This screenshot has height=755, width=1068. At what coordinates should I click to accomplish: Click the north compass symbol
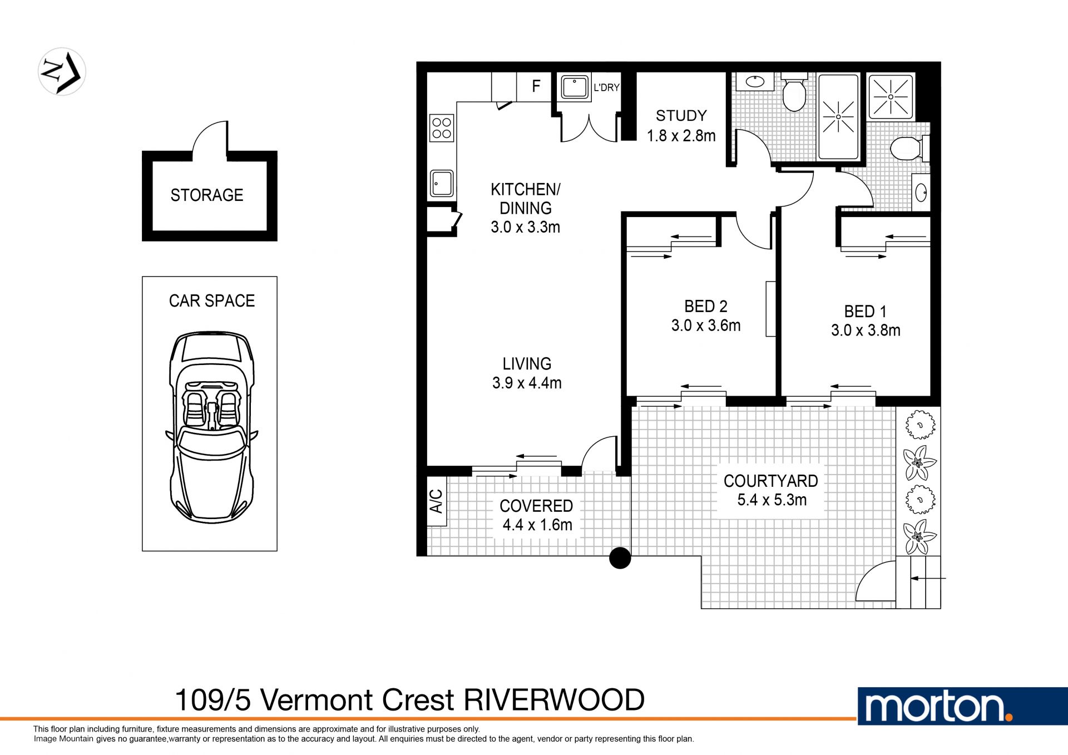point(62,72)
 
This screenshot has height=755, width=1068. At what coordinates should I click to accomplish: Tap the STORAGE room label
point(207,195)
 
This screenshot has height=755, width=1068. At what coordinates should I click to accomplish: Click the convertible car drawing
point(211,427)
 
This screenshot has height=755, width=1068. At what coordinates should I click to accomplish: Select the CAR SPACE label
point(212,301)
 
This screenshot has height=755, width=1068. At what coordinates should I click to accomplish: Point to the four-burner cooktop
point(442,128)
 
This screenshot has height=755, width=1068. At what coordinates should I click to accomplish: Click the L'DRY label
point(606,87)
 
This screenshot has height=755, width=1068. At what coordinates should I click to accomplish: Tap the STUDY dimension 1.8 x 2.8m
point(681,136)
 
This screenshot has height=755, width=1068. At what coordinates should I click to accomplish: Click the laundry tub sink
point(574,87)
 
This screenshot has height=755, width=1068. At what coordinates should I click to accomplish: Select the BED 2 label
point(706,307)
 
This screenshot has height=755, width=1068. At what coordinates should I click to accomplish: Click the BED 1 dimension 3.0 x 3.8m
point(866,330)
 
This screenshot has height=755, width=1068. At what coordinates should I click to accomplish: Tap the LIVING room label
point(527,364)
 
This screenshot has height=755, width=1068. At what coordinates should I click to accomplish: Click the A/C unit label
point(437,501)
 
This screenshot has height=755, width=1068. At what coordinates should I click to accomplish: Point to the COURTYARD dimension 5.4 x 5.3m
point(772,500)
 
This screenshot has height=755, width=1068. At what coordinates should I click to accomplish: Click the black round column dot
point(620,557)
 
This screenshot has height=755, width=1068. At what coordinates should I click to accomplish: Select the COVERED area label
point(536,506)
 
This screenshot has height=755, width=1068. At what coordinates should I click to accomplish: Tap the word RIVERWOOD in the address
point(554,700)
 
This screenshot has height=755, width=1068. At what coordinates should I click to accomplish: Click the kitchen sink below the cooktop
point(442,184)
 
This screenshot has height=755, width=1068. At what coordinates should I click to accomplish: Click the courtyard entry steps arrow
point(928,579)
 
